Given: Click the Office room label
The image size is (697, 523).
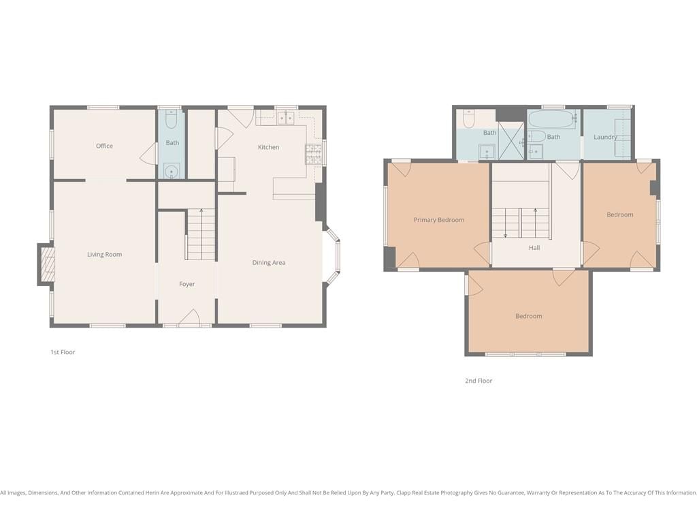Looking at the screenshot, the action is pos(104,146).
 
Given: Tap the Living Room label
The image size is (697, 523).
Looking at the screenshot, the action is pos(104,255).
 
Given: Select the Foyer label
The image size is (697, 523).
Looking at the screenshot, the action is pos(187,284).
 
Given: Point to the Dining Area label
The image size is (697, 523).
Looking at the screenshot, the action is pos(269,263).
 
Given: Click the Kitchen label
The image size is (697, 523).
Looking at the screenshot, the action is pos(268,147).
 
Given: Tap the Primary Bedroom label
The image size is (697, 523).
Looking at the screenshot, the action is pos(439,220).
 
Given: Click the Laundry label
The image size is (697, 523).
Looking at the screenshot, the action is pos(605,137).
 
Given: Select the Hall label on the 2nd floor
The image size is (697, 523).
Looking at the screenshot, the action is pos(534,248).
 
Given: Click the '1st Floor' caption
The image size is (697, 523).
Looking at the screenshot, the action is pos(63,352).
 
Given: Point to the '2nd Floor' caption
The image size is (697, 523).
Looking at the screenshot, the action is pos(479,381).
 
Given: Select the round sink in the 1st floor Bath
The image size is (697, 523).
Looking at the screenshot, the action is pos(171,171).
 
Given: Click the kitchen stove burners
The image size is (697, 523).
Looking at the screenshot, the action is pos(313,154).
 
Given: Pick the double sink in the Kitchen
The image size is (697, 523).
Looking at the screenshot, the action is pos(286,118).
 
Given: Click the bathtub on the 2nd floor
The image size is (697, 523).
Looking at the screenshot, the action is pos(552,118).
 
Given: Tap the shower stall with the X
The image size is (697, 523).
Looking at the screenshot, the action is pos(511,140).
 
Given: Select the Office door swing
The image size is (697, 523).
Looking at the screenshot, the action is pos(148,154).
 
